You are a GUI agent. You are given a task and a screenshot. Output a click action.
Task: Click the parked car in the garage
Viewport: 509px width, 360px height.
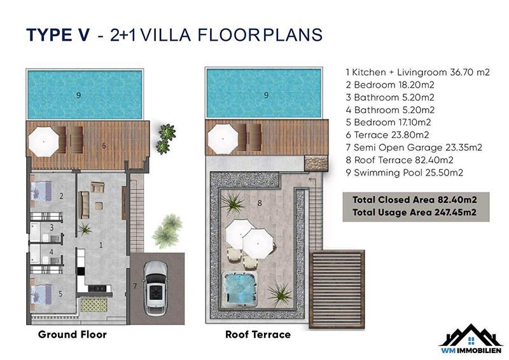tap(155, 287)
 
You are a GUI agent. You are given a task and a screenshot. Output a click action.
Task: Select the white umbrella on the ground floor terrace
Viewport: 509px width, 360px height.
tap(43, 142)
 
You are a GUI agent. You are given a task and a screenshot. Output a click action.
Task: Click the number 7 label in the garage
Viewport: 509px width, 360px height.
tap(135, 286)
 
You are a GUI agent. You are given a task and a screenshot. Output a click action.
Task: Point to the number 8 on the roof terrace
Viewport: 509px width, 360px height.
tap(260, 203)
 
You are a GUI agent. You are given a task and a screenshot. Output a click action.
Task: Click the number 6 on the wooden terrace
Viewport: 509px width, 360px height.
tap(104, 146)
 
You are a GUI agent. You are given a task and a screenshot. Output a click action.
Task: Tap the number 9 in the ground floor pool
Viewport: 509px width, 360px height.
tap(78, 95)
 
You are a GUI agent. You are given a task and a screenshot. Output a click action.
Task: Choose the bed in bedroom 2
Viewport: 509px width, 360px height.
tap(41, 191)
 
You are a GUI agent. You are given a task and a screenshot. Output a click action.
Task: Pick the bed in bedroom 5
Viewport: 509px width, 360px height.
tap(41, 294)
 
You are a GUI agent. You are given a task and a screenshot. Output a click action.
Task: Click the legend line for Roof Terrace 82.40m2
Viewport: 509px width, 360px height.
tap(400, 160)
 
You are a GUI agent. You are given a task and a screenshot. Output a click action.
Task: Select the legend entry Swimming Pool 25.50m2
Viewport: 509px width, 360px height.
tap(404, 173)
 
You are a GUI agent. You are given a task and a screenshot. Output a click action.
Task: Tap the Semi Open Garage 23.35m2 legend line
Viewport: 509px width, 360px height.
tap(414, 148)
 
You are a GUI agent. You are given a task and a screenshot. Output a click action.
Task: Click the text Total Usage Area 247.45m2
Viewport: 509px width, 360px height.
tap(415, 212)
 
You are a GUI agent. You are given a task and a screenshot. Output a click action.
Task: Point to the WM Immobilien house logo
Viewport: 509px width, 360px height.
tap(471, 338)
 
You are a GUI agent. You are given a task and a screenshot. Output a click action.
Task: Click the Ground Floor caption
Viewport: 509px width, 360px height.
tap(72, 335)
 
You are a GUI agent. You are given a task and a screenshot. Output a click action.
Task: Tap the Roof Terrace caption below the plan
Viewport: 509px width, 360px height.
tap(258, 335)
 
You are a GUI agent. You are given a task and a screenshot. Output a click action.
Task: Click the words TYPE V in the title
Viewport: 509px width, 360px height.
tap(58, 35)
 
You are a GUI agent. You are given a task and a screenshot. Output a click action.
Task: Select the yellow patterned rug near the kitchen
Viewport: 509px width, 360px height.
tap(94, 305)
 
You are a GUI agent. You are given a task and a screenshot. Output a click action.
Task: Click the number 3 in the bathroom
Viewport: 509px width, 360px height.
tap(52, 228)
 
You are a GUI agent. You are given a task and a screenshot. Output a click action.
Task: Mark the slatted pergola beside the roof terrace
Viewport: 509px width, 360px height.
tap(337, 289)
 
